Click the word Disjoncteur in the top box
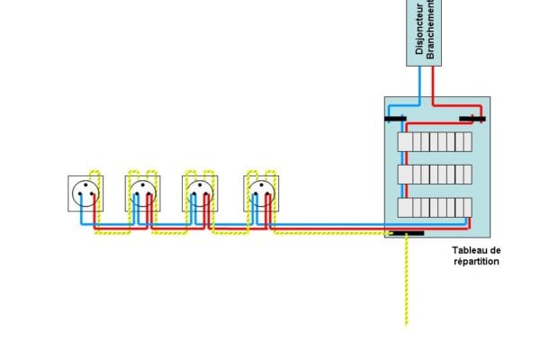pos(419,29)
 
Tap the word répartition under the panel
pos(476,262)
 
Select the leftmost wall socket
pos(85,193)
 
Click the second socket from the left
pos(143,193)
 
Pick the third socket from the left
pos(200,193)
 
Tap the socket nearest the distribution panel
pos(261,193)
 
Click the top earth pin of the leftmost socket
pos(85,185)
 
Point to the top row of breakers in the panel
pos(435,142)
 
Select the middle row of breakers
pos(435,175)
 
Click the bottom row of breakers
pos(435,208)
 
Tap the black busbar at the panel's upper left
pos(395,119)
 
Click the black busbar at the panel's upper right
pos(472,119)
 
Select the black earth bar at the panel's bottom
pos(408,233)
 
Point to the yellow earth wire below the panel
pos(407,280)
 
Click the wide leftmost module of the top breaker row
pos(405,142)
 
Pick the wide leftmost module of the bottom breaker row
pos(405,208)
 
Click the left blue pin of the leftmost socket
pos(80,194)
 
